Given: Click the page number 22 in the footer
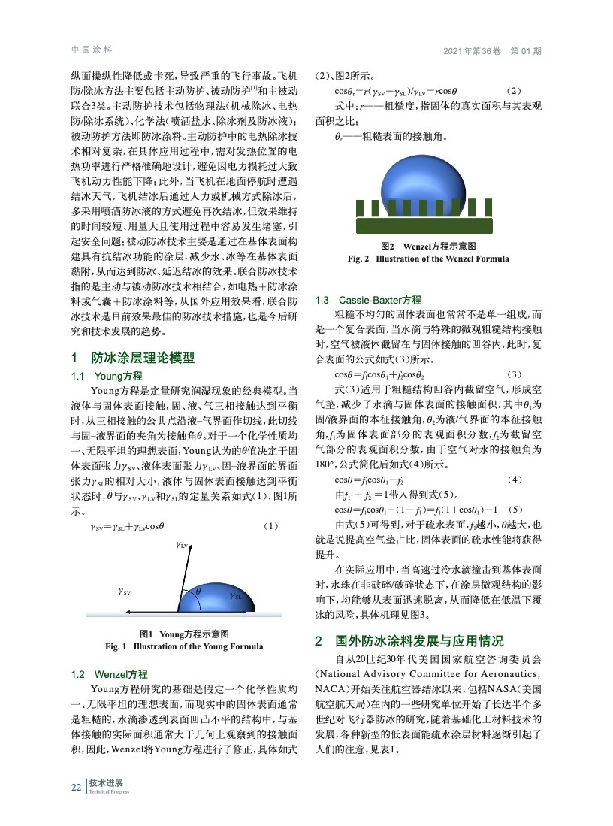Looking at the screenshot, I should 75,787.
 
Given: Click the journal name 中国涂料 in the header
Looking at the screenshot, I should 91,50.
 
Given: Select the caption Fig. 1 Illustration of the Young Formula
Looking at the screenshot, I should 184,646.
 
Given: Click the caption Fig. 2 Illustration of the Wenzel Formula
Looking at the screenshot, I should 428,259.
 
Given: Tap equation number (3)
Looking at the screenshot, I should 514,374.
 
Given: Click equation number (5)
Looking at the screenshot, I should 519,509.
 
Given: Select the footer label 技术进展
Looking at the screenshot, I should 107,783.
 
